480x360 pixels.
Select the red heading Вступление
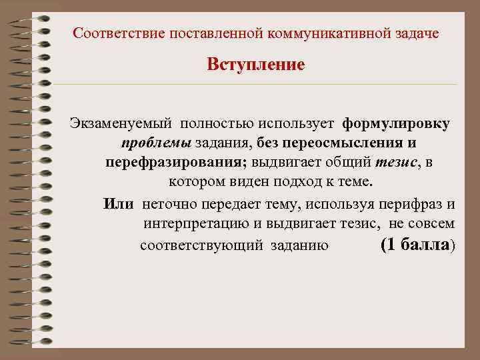tap(255, 65)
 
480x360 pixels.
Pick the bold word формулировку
tap(396, 124)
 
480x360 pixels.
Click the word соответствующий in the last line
tap(202, 245)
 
